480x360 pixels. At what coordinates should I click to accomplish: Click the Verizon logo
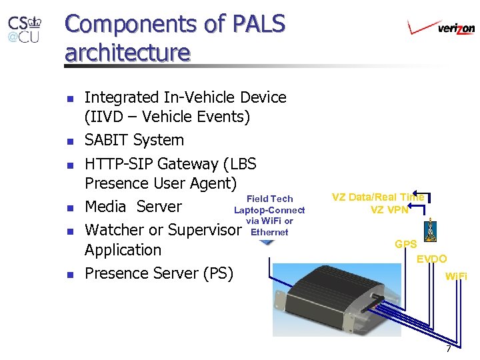(441, 27)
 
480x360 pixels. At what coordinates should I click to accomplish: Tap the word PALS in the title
(255, 24)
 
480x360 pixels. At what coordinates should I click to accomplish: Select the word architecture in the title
(127, 52)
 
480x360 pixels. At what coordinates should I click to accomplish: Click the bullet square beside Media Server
(71, 207)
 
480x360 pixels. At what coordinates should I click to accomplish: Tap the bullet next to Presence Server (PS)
(71, 274)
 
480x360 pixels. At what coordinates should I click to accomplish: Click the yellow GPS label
(405, 245)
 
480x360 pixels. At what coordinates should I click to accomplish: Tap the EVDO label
(432, 259)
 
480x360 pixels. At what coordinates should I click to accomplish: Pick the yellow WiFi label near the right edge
(456, 275)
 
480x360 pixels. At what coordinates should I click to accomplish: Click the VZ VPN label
(389, 209)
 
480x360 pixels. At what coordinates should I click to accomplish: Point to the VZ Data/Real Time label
(377, 197)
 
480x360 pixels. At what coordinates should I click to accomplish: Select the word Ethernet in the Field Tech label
(269, 232)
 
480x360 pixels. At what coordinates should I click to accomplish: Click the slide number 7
(448, 349)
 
